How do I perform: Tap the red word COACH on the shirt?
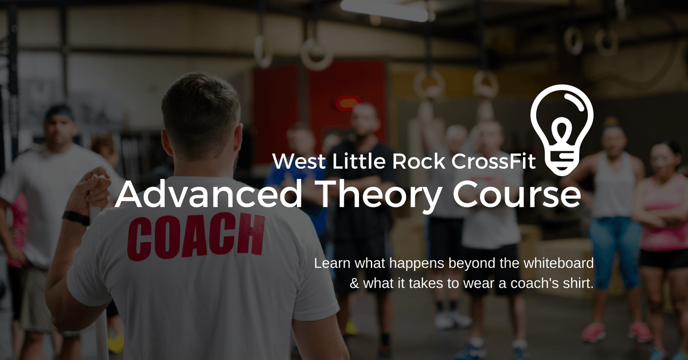[x=196, y=236]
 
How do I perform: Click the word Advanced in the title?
[x=209, y=194]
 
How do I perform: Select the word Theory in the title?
[x=380, y=197]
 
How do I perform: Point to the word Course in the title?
[x=517, y=194]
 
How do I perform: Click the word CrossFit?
[x=494, y=161]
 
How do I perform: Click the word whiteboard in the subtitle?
[x=558, y=263]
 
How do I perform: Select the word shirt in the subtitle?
[x=578, y=283]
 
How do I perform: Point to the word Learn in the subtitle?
[x=332, y=263]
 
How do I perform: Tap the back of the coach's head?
[x=200, y=114]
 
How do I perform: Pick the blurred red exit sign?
[x=348, y=103]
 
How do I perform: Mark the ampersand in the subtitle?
[x=354, y=283]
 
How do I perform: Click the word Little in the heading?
[x=359, y=161]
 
